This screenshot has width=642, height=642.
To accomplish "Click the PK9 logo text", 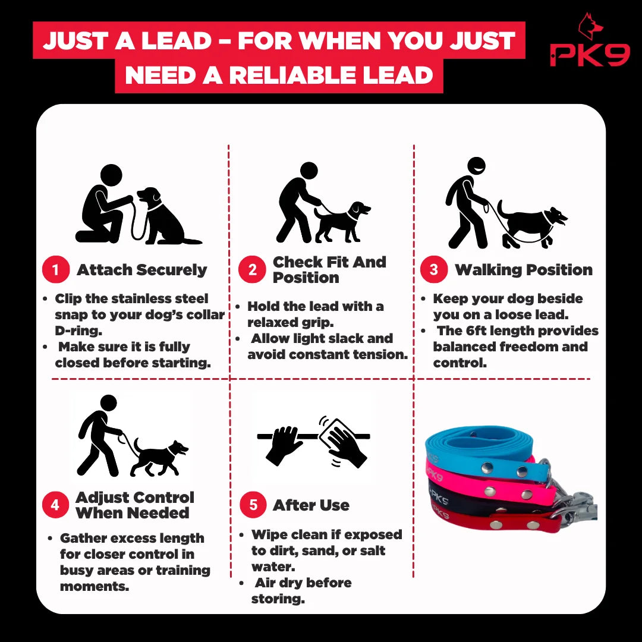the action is pos(590,54).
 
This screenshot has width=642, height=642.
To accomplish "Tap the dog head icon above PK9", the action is pos(590,26).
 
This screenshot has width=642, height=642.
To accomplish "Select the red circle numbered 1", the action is pos(56,269).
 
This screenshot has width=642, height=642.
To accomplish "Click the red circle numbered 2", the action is pos(252,269).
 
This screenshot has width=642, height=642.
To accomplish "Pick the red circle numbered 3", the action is pos(433,269).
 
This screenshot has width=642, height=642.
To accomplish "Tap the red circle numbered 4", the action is pos(55,505).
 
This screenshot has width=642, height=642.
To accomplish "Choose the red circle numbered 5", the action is pos(253,505).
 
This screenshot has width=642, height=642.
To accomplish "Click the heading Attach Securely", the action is pos(141,270).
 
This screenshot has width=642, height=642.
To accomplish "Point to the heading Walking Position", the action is pos(524,270).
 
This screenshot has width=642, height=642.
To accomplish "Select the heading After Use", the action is pos(311,505).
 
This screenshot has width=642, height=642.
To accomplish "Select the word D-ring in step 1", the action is pos(78,331).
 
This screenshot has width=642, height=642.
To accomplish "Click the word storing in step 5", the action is pos(278,599).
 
